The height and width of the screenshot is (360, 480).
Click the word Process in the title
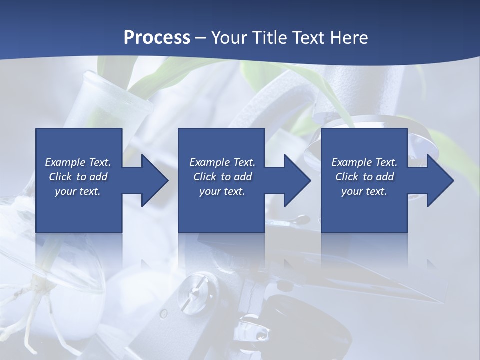pyautogui.click(x=157, y=38)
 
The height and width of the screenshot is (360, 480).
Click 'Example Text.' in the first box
pyautogui.click(x=78, y=162)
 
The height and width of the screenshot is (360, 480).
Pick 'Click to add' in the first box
pyautogui.click(x=78, y=177)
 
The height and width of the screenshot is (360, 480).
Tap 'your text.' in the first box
pyautogui.click(x=78, y=191)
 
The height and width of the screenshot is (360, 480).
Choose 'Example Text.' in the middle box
pyautogui.click(x=222, y=162)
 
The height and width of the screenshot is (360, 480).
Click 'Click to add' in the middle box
pyautogui.click(x=222, y=177)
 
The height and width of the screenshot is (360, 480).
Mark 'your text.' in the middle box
pyautogui.click(x=222, y=191)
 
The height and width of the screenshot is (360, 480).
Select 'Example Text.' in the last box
pyautogui.click(x=364, y=162)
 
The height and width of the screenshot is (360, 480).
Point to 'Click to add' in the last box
pyautogui.click(x=364, y=177)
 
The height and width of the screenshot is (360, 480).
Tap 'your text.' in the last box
pyautogui.click(x=364, y=191)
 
